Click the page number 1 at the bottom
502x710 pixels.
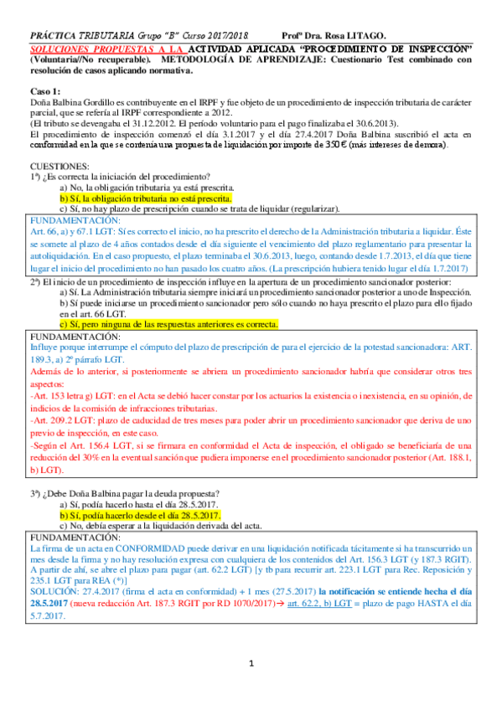[251, 687]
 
